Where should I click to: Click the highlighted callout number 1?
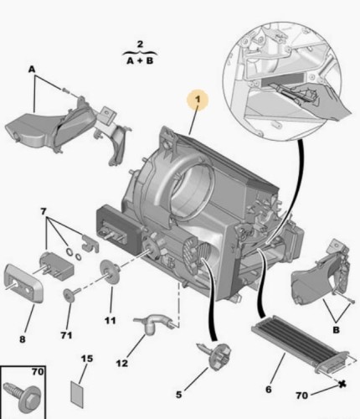click(x=198, y=100)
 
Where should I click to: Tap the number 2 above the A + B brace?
click(x=140, y=44)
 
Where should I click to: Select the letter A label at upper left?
click(x=32, y=70)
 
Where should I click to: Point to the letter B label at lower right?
click(x=337, y=330)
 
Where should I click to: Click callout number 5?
click(x=178, y=395)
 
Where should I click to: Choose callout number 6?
click(x=269, y=389)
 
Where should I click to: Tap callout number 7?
click(x=43, y=212)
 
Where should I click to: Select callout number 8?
click(x=23, y=339)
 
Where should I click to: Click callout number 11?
click(x=111, y=320)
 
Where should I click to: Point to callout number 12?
click(x=122, y=363)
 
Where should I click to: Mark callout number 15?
click(x=87, y=359)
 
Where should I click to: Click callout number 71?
click(x=66, y=335)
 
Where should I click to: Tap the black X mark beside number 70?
click(x=342, y=385)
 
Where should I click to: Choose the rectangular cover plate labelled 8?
click(x=23, y=282)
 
